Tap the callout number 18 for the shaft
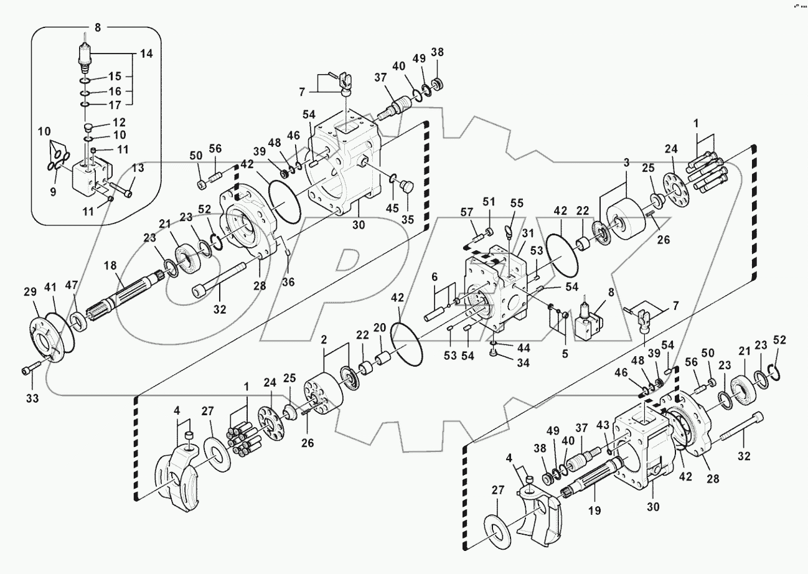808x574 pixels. (110, 266)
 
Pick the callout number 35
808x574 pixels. (407, 219)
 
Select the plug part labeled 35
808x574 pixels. (407, 187)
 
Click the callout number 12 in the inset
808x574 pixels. (119, 122)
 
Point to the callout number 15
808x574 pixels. (115, 77)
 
